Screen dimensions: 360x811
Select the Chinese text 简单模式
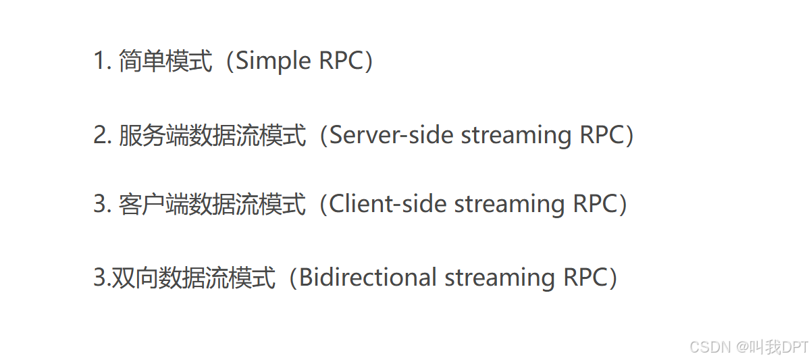[164, 61]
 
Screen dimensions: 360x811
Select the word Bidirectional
[368, 278]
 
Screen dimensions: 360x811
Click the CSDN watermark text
[711, 347]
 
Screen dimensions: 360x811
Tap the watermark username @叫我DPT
[773, 347]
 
